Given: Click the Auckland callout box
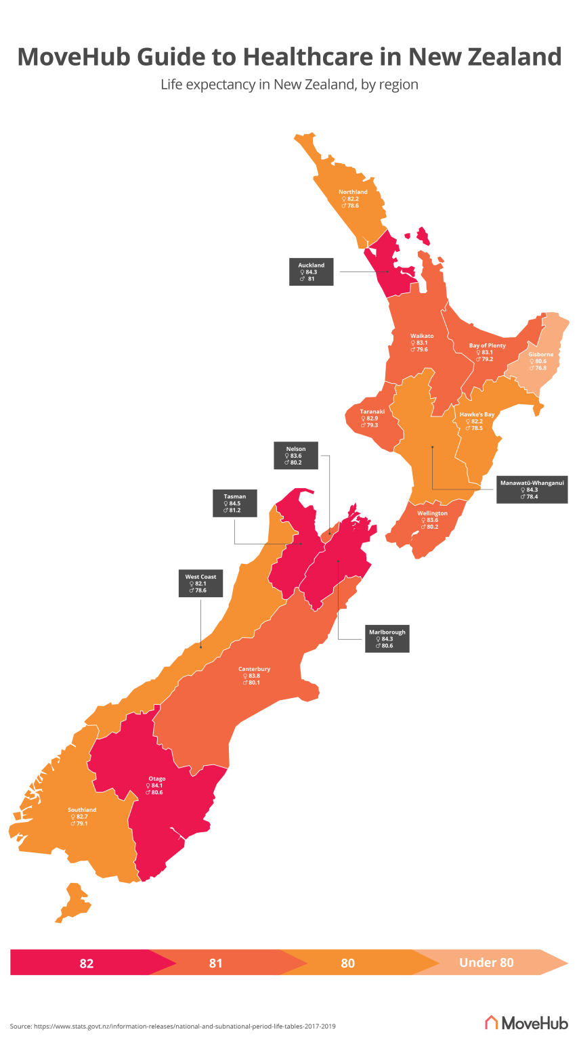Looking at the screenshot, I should (312, 272).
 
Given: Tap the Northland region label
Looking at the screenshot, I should (353, 198).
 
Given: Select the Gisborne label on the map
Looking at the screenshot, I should (540, 361).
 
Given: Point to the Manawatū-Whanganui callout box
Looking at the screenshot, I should (532, 490).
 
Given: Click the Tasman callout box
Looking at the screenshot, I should (236, 503).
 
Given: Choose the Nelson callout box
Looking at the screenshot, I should (296, 456).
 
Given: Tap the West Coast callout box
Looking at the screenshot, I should (201, 584).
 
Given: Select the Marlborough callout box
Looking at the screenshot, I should (387, 638).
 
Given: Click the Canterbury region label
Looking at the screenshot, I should (254, 675).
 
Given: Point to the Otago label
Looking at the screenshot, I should (156, 785).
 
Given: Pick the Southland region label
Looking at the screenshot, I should (82, 816).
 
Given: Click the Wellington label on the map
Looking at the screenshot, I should (432, 519).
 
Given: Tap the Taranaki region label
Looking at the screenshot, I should (372, 418).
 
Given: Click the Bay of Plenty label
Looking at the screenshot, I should (487, 352).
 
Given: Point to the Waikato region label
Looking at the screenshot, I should (421, 343).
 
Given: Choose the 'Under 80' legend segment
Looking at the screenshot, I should (486, 962).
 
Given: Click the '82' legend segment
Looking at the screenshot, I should (87, 963).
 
